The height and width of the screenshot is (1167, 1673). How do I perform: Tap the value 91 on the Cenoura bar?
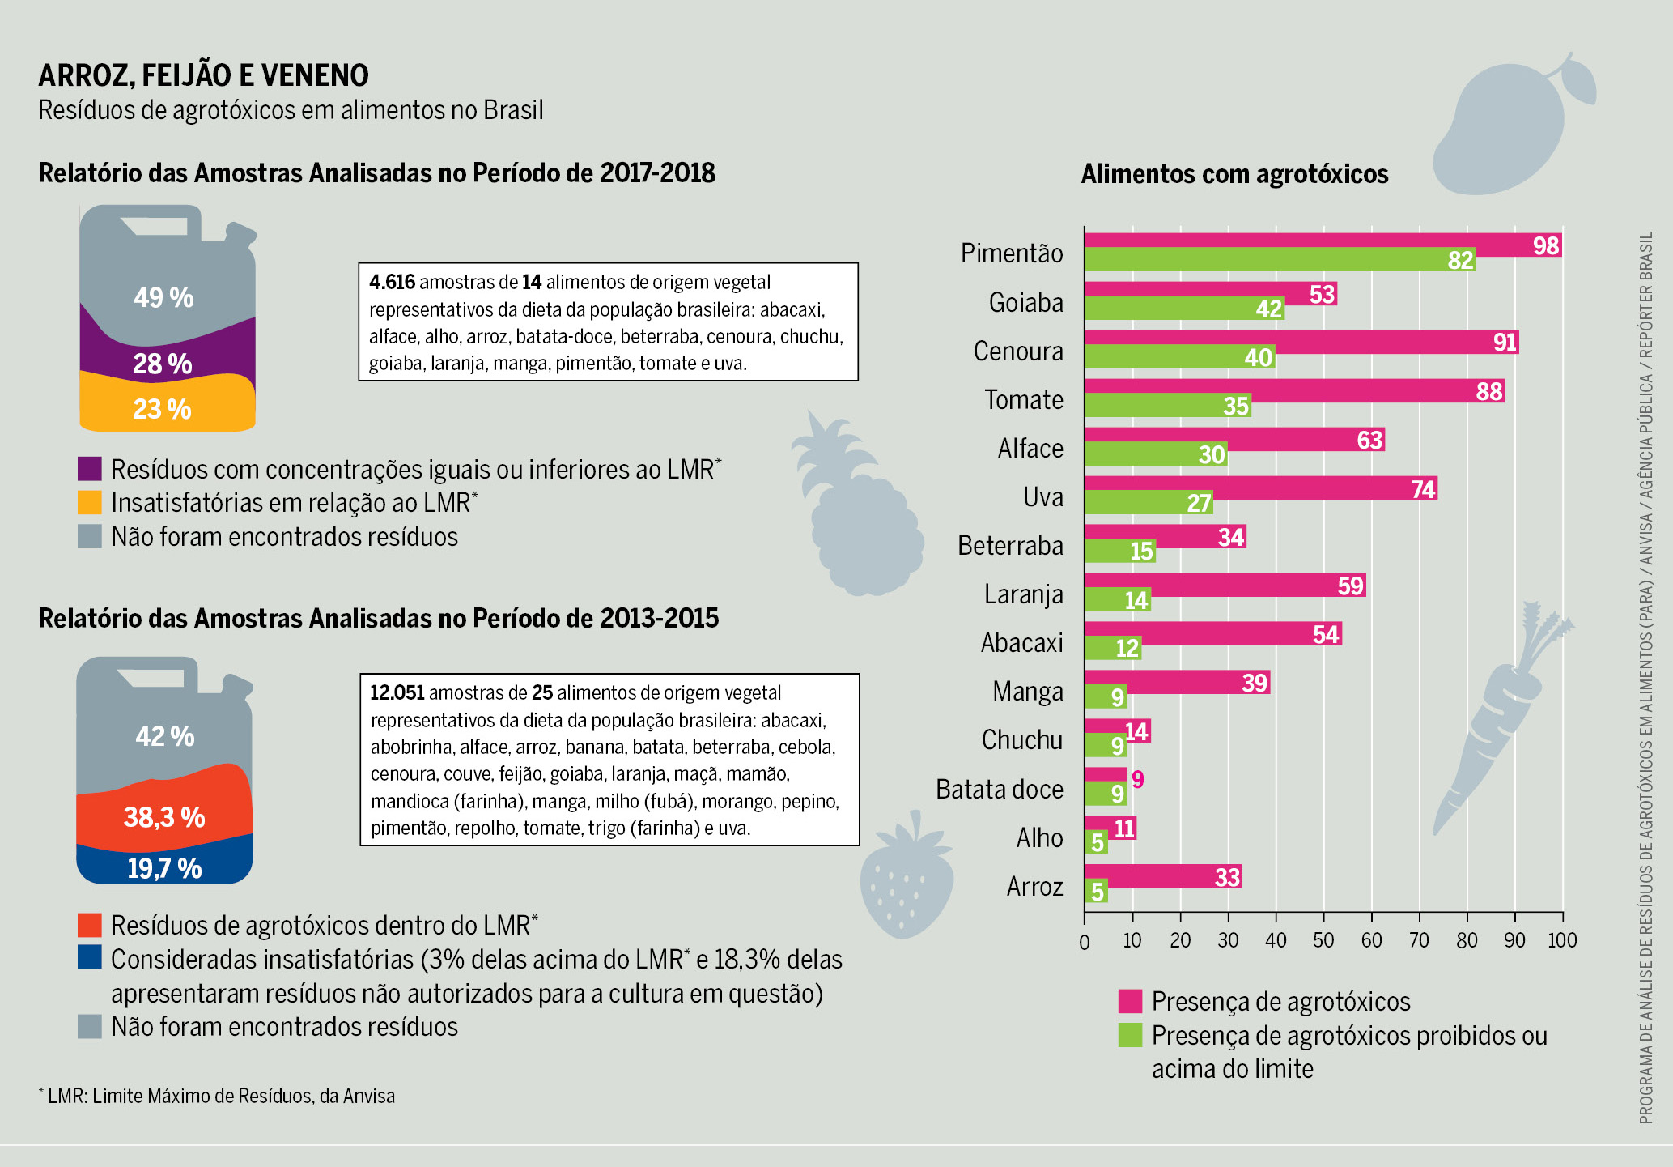[1504, 343]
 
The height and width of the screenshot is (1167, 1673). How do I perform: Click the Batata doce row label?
[999, 789]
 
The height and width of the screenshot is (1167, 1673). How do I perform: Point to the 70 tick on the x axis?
[1419, 940]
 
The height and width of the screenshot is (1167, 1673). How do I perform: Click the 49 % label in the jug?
[163, 297]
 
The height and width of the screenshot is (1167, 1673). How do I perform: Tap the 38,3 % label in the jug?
[164, 817]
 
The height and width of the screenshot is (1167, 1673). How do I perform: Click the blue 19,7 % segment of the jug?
[164, 867]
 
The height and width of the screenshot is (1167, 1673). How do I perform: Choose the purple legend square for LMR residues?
[90, 469]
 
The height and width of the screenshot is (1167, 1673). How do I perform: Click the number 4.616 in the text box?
[392, 283]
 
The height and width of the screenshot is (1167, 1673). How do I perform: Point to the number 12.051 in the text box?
[397, 693]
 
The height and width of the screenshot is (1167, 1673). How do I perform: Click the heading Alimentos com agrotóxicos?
[1234, 174]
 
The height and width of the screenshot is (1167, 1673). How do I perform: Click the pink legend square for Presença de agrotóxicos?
[1130, 1002]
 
